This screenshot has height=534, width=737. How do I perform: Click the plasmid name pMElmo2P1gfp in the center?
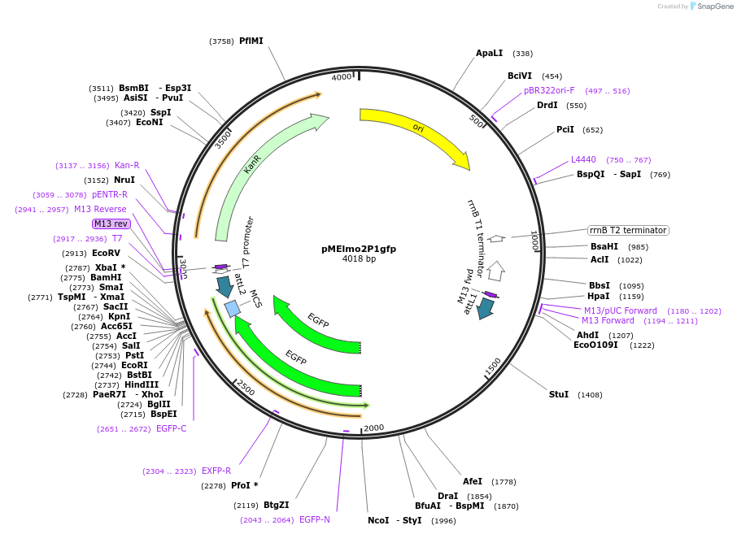coord(359,249)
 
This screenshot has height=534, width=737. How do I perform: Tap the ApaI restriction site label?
coord(489,53)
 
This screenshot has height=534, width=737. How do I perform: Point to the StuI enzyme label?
coord(558,394)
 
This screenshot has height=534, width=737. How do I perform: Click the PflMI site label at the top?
coord(251,41)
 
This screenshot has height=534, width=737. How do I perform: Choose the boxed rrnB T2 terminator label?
coord(628,230)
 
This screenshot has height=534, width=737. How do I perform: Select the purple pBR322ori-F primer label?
coord(549,90)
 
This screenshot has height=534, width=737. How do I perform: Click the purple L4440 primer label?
coord(583,159)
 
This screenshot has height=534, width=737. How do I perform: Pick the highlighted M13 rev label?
coord(111,224)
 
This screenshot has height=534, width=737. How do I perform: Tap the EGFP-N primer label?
coord(315,519)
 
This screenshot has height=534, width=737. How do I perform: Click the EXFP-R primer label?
coord(216,471)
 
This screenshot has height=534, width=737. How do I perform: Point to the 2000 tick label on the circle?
coord(373,428)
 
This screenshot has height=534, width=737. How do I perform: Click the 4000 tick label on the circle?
coord(342,77)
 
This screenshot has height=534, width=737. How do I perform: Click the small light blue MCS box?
coord(233,309)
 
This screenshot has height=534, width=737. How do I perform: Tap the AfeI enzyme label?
coord(473,481)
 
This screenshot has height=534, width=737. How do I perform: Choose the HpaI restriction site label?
coord(598,296)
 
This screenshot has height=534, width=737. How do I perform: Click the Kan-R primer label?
coord(127,165)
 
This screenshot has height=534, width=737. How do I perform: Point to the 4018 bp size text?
coord(359,259)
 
